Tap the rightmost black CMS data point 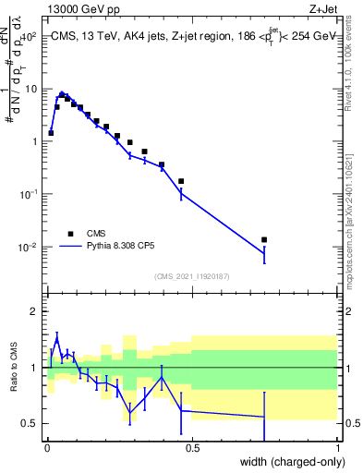pyautogui.click(x=264, y=240)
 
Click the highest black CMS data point pyautogui.click(x=62, y=94)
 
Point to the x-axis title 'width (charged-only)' pyautogui.click(x=286, y=461)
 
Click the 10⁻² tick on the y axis pyautogui.click(x=26, y=247)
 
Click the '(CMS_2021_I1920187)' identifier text pyautogui.click(x=190, y=275)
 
